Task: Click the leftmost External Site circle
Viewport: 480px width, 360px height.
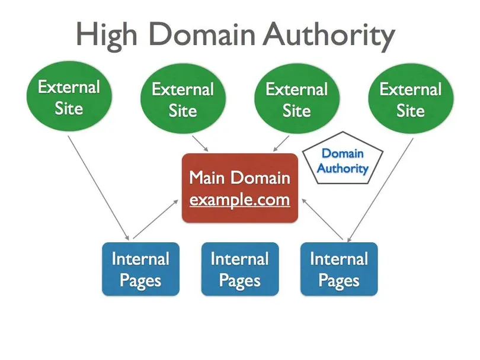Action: [69, 98]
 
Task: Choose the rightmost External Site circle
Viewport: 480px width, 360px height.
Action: [410, 100]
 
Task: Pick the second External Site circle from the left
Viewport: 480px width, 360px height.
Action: [183, 100]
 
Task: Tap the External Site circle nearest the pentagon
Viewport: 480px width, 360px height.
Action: [296, 100]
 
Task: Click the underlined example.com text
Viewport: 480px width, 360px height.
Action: [239, 200]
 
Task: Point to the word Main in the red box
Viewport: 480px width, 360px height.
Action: [208, 178]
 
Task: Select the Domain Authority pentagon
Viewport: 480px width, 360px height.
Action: [343, 161]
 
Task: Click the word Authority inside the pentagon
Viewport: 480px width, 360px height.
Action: [343, 168]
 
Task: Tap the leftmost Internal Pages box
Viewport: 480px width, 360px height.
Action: [140, 269]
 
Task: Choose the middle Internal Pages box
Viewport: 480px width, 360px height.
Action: [239, 269]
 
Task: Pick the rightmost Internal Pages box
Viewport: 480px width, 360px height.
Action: [339, 269]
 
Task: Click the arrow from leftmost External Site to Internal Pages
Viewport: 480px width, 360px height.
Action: [97, 187]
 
